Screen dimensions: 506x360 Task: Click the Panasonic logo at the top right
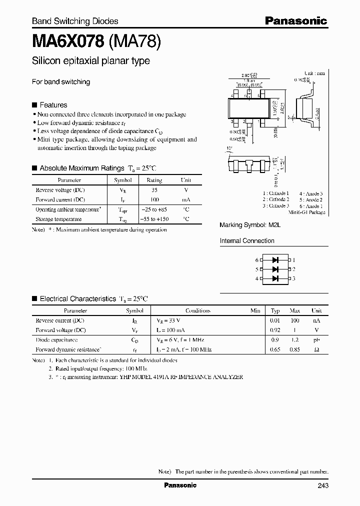tap(295, 20)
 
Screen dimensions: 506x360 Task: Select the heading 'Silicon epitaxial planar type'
tap(90, 61)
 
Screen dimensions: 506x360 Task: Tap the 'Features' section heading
tap(53, 105)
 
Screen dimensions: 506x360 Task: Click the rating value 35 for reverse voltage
tap(154, 190)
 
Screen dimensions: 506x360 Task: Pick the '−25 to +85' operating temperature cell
tap(154, 210)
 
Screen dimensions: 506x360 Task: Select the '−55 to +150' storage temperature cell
tap(154, 219)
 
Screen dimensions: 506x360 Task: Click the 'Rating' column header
tap(154, 180)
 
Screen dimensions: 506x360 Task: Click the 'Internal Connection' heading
tap(247, 241)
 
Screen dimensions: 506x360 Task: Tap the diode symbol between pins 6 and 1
tap(275, 260)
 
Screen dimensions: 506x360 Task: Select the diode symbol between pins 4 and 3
tap(275, 278)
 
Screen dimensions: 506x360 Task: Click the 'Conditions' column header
tap(197, 310)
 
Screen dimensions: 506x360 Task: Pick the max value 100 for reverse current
tap(295, 320)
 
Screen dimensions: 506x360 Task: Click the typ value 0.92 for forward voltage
tap(274, 330)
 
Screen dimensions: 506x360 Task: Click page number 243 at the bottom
tap(322, 485)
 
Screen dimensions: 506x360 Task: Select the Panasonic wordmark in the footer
tap(180, 485)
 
